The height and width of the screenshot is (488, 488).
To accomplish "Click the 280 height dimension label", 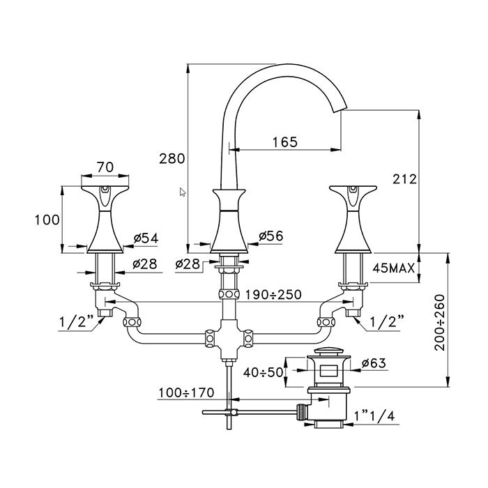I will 171,158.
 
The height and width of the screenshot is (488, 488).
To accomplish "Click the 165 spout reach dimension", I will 284,142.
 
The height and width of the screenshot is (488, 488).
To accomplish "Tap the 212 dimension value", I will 404,179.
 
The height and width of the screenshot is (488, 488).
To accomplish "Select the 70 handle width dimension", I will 105,167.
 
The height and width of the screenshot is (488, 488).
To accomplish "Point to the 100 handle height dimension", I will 47,220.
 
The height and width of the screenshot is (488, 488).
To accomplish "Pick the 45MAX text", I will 395,268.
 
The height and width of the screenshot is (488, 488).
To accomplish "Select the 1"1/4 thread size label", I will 375,416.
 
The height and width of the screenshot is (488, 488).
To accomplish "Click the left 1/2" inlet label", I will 73,323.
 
